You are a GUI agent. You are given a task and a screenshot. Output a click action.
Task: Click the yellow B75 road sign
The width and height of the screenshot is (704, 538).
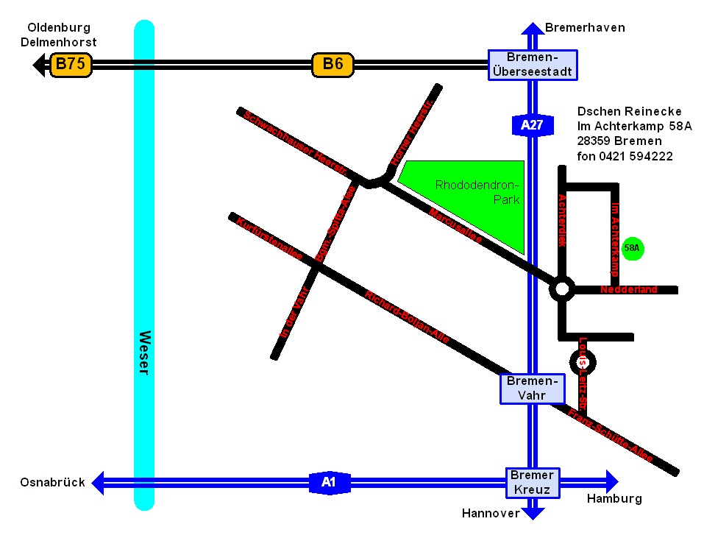pyautogui.click(x=71, y=64)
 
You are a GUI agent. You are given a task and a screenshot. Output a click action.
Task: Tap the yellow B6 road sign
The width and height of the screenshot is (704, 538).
pyautogui.click(x=333, y=64)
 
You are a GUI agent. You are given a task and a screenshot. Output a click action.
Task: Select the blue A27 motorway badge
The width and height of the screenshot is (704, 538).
pyautogui.click(x=531, y=125)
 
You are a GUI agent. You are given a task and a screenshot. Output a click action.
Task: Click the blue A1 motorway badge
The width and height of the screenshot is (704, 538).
pyautogui.click(x=329, y=483)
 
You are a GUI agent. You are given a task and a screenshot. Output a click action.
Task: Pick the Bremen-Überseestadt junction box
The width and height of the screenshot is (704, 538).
pyautogui.click(x=533, y=65)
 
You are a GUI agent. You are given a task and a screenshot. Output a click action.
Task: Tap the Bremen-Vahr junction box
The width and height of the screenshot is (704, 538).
pyautogui.click(x=532, y=388)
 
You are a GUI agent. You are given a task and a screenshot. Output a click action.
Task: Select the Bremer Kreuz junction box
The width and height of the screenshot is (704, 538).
pyautogui.click(x=533, y=482)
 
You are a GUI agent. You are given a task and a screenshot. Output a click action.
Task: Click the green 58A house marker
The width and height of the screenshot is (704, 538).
pyautogui.click(x=632, y=249)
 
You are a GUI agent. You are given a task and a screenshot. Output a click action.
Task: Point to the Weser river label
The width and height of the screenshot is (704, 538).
pyautogui.click(x=144, y=353)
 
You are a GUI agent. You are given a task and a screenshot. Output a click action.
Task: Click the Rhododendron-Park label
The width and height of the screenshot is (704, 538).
pyautogui.click(x=477, y=192)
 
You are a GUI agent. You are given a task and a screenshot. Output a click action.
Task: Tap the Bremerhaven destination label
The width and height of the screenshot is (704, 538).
pyautogui.click(x=585, y=28)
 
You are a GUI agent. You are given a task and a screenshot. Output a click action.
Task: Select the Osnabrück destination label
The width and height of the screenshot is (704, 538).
pyautogui.click(x=53, y=483)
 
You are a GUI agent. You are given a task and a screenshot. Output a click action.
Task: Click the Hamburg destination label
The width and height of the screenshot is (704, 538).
pyautogui.click(x=614, y=499)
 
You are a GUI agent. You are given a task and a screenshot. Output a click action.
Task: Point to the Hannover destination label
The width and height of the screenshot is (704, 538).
pyautogui.click(x=491, y=514)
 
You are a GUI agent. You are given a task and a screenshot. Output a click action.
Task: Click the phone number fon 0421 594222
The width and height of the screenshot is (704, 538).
pyautogui.click(x=625, y=156)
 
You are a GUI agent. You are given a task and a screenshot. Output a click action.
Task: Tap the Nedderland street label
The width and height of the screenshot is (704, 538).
pyautogui.click(x=629, y=290)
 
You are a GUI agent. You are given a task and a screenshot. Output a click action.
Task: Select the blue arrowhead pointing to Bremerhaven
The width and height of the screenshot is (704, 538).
pyautogui.click(x=532, y=29)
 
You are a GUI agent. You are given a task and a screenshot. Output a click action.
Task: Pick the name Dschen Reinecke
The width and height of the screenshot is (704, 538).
pyautogui.click(x=630, y=112)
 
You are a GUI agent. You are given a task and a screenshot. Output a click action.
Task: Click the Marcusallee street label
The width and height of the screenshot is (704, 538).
pyautogui.click(x=455, y=227)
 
